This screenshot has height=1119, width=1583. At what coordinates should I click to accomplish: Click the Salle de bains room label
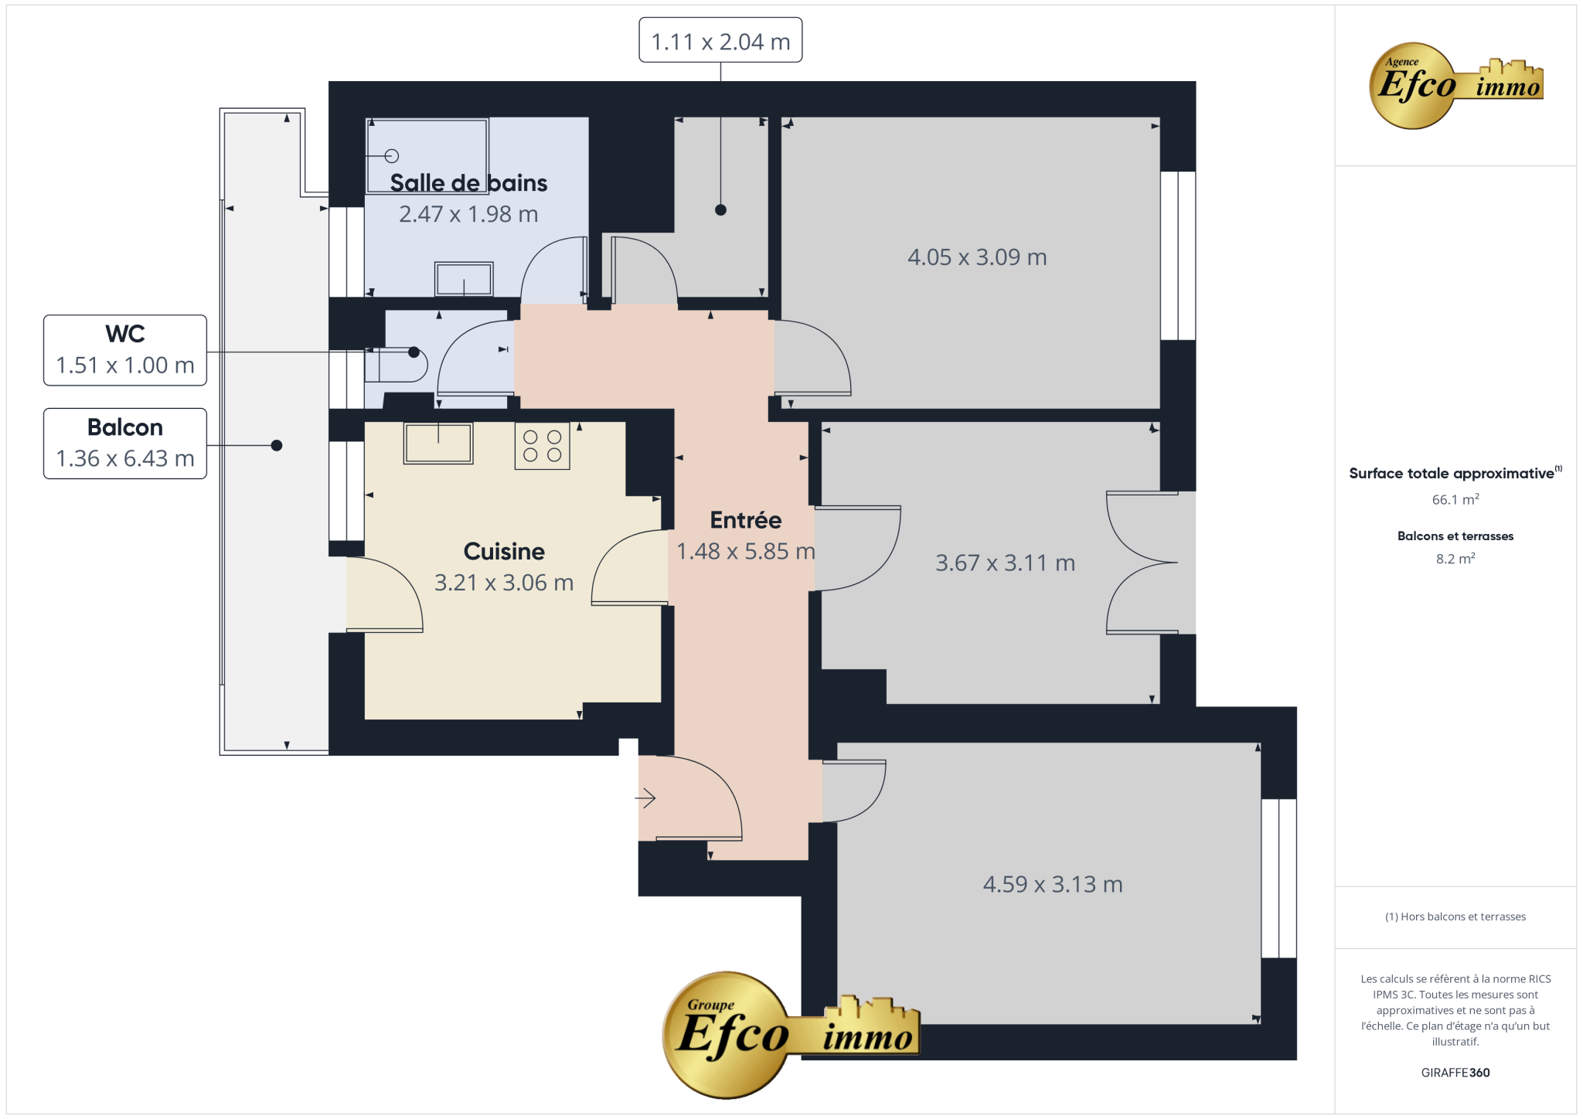pyautogui.click(x=468, y=183)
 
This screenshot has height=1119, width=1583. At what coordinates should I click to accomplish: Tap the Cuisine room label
pyautogui.click(x=504, y=551)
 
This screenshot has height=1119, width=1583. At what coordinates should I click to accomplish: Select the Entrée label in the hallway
pyautogui.click(x=746, y=520)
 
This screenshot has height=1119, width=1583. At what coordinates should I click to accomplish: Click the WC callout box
pyautogui.click(x=125, y=350)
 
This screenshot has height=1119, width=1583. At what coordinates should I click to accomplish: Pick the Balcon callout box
pyautogui.click(x=125, y=444)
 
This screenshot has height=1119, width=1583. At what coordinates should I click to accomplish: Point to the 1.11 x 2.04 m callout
pyautogui.click(x=720, y=40)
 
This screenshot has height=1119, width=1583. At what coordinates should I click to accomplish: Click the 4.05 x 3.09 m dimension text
pyautogui.click(x=977, y=257)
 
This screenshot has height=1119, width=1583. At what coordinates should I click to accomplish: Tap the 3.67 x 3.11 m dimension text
pyautogui.click(x=1005, y=563)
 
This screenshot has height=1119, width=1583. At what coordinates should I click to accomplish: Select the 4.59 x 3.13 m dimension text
pyautogui.click(x=1053, y=884)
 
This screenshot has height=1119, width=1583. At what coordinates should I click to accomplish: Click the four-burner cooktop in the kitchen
pyautogui.click(x=543, y=446)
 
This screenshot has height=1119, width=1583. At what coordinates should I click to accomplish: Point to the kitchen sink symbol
pyautogui.click(x=438, y=443)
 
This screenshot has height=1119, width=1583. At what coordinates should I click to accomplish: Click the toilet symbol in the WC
pyautogui.click(x=396, y=365)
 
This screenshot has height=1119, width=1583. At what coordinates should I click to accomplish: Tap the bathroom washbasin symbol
pyautogui.click(x=464, y=279)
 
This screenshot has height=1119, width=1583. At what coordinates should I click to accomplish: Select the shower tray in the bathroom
pyautogui.click(x=427, y=155)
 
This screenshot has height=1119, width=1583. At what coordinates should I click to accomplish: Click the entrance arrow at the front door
pyautogui.click(x=645, y=798)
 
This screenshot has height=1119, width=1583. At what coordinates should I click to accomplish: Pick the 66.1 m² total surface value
pyautogui.click(x=1455, y=499)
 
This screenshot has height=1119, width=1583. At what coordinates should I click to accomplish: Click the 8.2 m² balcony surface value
pyautogui.click(x=1455, y=558)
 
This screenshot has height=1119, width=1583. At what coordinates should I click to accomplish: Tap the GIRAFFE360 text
pyautogui.click(x=1455, y=1073)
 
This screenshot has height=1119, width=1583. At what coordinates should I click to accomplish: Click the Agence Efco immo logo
pyautogui.click(x=1455, y=85)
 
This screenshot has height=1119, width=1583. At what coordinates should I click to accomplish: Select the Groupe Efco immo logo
pyautogui.click(x=791, y=1034)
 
